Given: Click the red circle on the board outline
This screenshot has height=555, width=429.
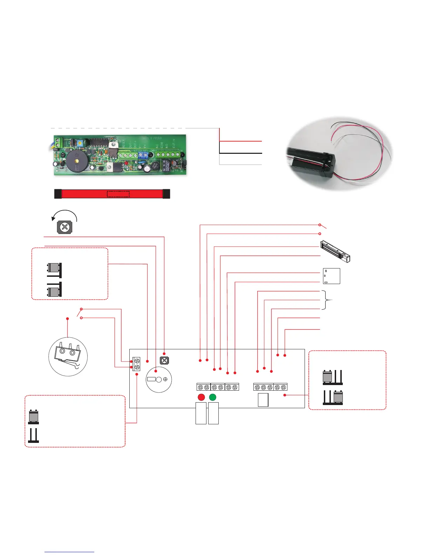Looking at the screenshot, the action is [201, 397].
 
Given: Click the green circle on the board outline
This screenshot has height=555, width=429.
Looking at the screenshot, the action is [212, 397].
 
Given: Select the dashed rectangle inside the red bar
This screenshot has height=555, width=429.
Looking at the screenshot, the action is [118, 194].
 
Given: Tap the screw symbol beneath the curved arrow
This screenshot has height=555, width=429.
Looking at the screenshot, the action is [64, 227].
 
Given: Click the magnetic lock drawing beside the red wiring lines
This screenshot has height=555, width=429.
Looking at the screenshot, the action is [336, 251].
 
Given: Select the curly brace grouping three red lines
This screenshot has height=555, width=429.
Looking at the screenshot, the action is [328, 300].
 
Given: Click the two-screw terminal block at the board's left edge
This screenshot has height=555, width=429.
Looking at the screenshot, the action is [137, 364].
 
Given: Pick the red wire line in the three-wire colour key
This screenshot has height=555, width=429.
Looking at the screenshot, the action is [241, 141].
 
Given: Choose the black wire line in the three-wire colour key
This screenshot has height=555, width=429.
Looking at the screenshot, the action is [241, 153].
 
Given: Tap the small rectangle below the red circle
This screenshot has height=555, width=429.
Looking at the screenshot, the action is [201, 413].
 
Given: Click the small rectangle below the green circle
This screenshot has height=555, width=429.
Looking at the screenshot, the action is [213, 413].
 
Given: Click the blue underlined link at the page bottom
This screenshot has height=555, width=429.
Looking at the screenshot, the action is [70, 552].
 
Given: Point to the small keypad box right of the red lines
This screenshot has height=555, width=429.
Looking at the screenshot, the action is [331, 276].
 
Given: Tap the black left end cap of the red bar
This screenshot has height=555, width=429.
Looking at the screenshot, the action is [58, 194].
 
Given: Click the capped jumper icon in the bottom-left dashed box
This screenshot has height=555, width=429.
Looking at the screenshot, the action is [34, 417].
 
